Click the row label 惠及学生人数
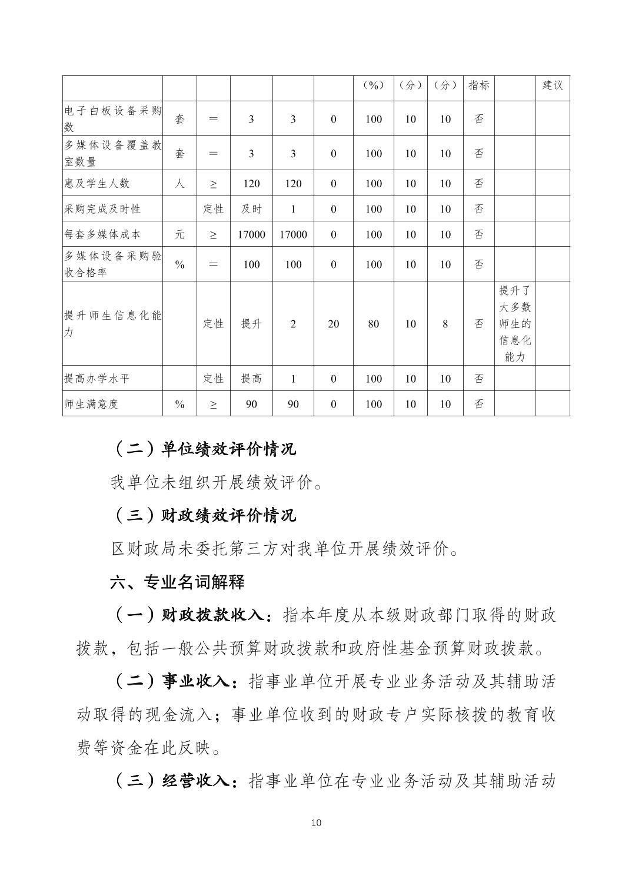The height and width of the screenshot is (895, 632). click(x=97, y=184)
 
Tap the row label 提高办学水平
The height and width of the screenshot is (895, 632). click(x=97, y=379)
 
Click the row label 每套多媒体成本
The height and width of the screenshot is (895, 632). click(x=102, y=234)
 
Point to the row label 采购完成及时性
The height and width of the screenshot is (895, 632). click(x=102, y=209)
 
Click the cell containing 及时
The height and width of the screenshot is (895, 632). click(x=251, y=209)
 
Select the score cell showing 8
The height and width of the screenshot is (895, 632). click(x=445, y=323)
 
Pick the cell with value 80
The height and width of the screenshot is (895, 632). click(x=374, y=323)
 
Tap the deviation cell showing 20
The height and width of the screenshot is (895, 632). click(x=334, y=323)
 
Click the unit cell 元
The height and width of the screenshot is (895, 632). click(x=180, y=234)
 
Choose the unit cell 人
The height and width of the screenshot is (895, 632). click(x=180, y=184)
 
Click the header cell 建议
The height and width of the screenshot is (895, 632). click(x=553, y=85)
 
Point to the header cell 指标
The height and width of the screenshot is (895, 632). click(x=479, y=85)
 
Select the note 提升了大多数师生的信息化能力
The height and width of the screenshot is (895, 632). click(x=515, y=323)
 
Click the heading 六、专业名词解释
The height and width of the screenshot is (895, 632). click(x=177, y=583)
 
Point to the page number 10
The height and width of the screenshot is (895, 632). click(x=316, y=823)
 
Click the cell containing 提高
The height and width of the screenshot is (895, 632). click(x=251, y=379)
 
